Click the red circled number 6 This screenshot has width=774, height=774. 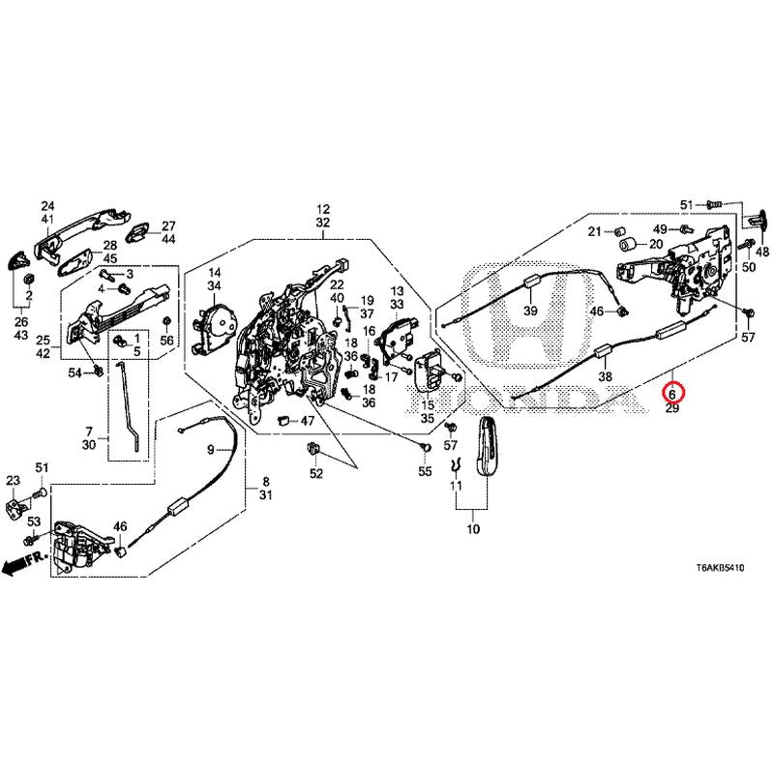670,394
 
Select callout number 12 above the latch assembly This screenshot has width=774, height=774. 322,209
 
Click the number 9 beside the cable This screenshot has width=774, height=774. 210,450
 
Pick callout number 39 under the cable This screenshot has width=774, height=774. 529,312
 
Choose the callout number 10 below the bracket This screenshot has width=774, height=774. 473,530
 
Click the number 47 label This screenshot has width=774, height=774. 307,421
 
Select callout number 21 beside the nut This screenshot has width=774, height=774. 595,230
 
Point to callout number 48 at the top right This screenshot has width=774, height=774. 761,253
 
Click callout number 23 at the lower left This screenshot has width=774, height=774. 13,481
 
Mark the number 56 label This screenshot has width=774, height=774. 166,341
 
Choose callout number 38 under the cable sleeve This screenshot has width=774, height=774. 607,377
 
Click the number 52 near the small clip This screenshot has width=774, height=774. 315,474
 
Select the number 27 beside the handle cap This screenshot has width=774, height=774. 167,224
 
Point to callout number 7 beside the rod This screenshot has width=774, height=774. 88,431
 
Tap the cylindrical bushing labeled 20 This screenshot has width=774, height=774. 627,242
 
